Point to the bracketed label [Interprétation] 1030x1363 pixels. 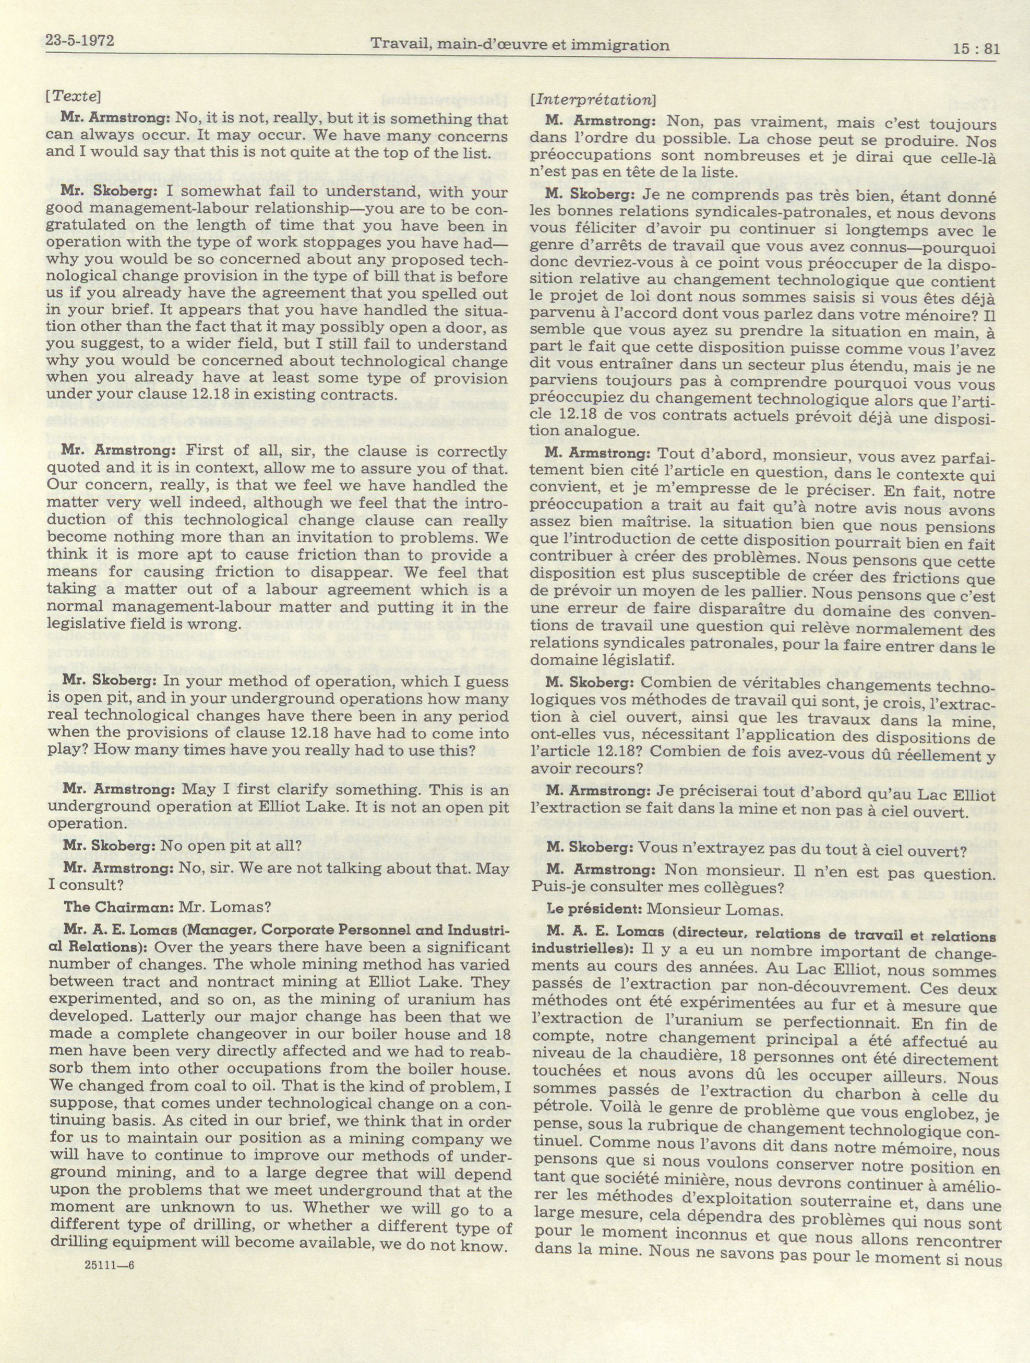(x=593, y=99)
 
